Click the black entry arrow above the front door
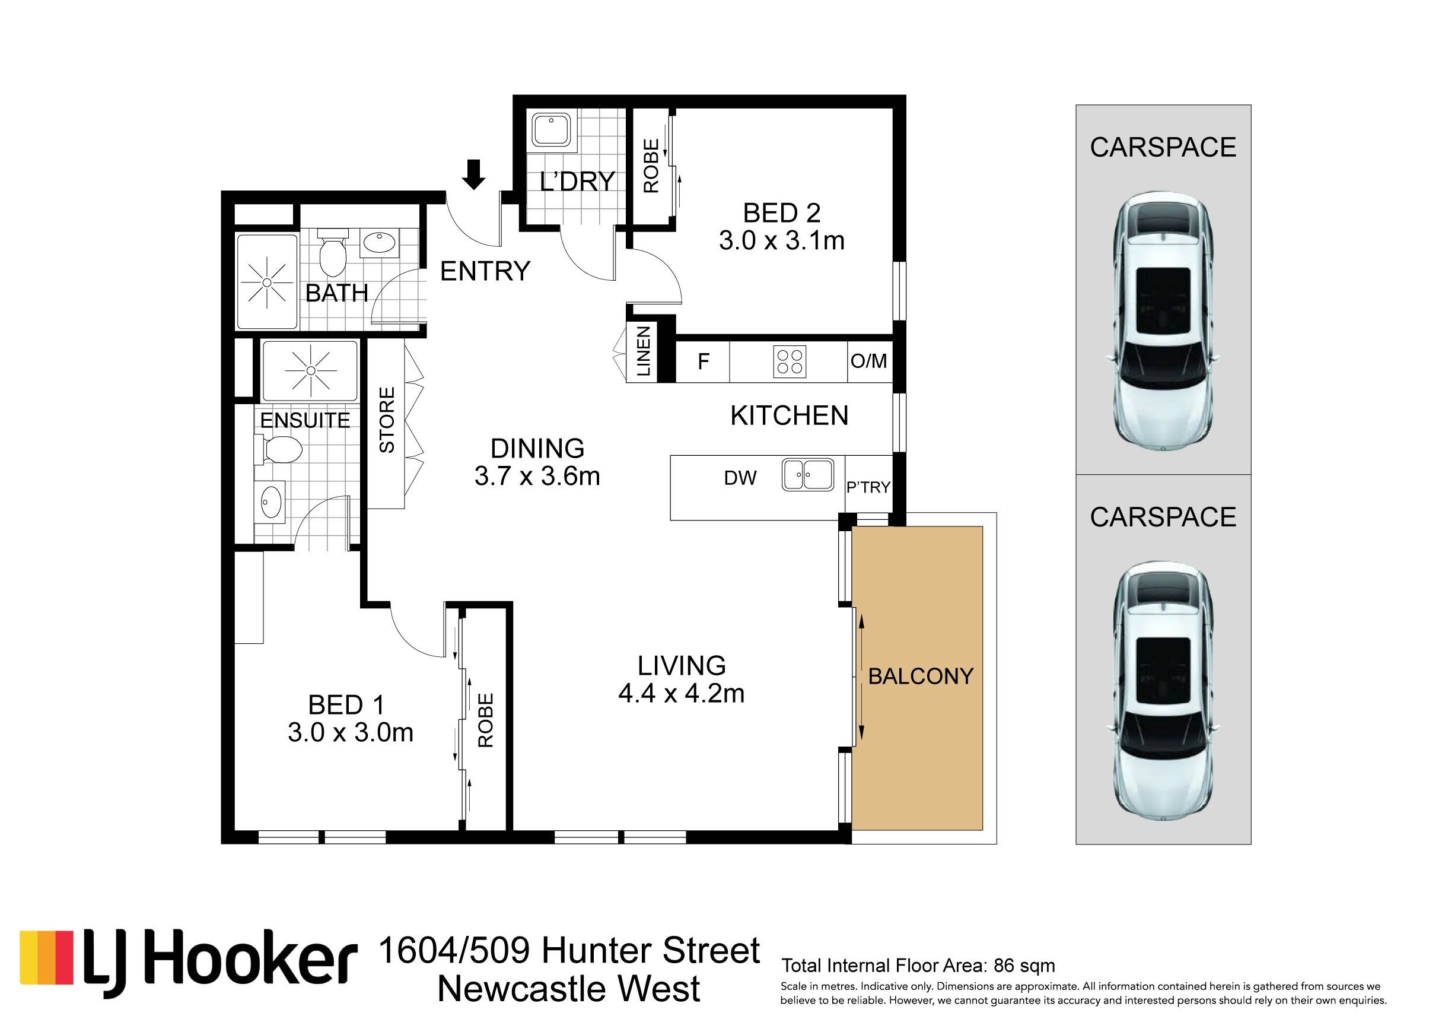pyautogui.click(x=473, y=174)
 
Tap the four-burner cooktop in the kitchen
pyautogui.click(x=790, y=362)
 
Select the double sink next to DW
pyautogui.click(x=808, y=475)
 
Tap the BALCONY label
pyautogui.click(x=921, y=677)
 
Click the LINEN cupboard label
pyautogui.click(x=643, y=351)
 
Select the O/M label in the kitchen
pyautogui.click(x=868, y=361)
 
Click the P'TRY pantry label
pyautogui.click(x=868, y=487)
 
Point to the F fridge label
pyautogui.click(x=703, y=361)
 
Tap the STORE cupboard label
pyautogui.click(x=386, y=420)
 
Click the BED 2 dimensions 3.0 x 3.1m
pyautogui.click(x=781, y=241)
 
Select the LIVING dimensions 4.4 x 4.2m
pyautogui.click(x=681, y=693)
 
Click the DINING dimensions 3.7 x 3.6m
pyautogui.click(x=537, y=476)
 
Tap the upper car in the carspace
pyautogui.click(x=1163, y=322)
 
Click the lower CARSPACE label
pyautogui.click(x=1163, y=517)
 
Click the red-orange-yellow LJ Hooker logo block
pyautogui.click(x=47, y=957)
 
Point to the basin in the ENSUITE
pyautogui.click(x=272, y=500)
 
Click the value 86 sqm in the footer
pyautogui.click(x=1024, y=966)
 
